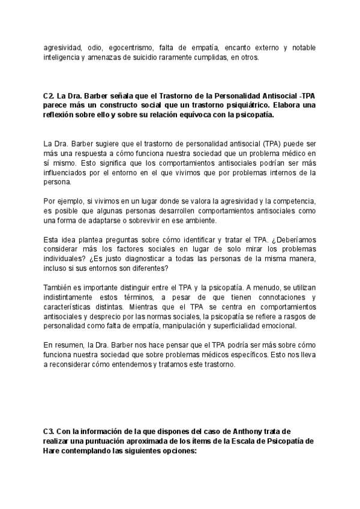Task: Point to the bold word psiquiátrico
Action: coord(249,106)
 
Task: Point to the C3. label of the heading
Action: coord(49,431)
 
